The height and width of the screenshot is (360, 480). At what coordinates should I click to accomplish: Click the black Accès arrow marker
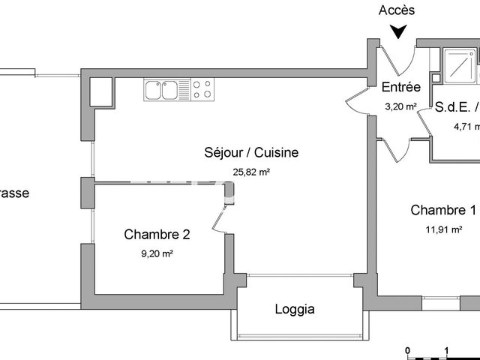click(x=398, y=31)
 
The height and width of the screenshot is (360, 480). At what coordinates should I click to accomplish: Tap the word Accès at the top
click(x=397, y=10)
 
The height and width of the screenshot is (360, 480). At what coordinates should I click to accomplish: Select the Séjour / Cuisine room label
click(x=251, y=152)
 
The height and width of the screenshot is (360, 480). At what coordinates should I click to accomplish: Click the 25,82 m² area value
click(x=251, y=172)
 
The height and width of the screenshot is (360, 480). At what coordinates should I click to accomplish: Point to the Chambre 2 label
click(x=157, y=235)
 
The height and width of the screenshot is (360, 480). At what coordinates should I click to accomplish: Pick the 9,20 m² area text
click(x=157, y=254)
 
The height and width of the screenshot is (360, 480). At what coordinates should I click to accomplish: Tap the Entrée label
click(x=401, y=87)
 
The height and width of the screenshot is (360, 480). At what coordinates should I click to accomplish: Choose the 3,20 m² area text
click(x=400, y=106)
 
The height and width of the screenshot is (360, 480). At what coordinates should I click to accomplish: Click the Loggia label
click(x=295, y=308)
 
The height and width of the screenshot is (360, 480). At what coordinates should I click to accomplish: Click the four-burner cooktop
click(x=201, y=90)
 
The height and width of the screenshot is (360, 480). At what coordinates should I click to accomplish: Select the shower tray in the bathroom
click(x=459, y=65)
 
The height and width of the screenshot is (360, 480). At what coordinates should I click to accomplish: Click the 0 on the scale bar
click(x=407, y=350)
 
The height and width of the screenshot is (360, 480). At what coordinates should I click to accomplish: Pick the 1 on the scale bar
click(x=447, y=350)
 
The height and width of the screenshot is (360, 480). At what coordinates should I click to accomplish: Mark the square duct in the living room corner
click(x=100, y=91)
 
